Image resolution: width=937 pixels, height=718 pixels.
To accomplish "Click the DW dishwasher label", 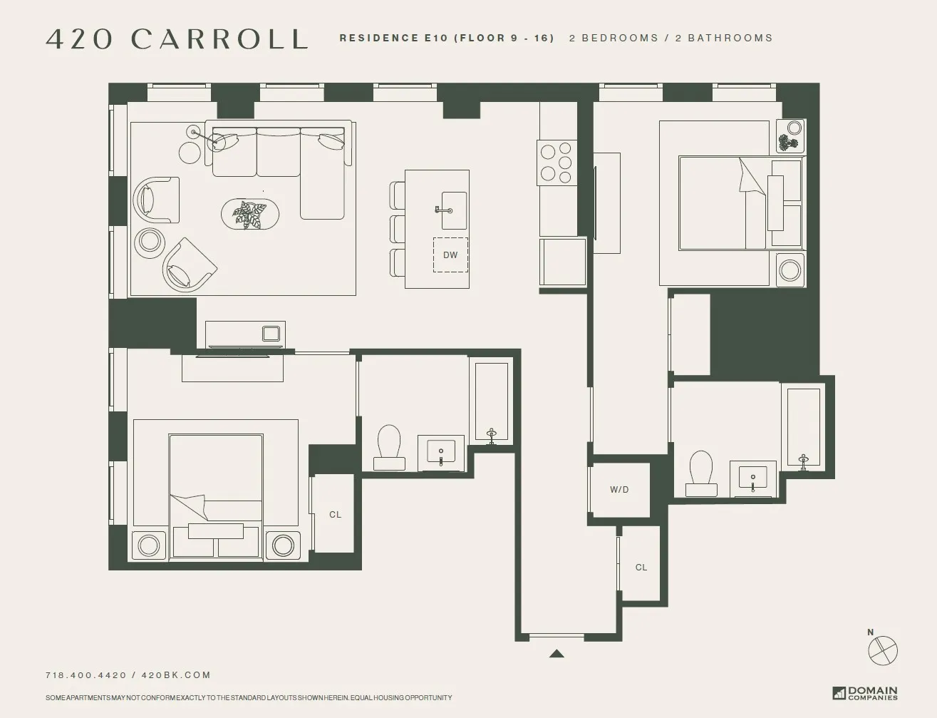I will tap(450, 255).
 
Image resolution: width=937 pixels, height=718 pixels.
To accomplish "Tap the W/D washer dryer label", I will tap(619, 490).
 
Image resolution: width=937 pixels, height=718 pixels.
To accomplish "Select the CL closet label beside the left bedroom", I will tap(335, 515).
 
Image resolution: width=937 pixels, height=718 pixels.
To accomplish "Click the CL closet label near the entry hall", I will tap(641, 568).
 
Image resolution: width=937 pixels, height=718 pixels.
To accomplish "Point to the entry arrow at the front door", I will tap(556, 653).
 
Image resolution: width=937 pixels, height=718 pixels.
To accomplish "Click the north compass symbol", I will tap(883, 650).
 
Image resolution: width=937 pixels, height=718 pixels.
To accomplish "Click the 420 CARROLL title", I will tap(177, 39).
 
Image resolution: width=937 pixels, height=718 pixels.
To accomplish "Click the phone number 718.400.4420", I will tap(86, 675).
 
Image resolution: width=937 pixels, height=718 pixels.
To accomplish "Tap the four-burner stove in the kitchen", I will tap(556, 162).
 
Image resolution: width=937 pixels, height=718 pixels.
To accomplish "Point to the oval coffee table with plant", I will tap(249, 214).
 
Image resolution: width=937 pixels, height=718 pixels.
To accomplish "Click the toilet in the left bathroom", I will tap(389, 447).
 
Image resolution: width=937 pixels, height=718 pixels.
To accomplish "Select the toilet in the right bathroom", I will tap(701, 472).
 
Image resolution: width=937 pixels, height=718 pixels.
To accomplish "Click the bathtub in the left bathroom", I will tap(491, 401).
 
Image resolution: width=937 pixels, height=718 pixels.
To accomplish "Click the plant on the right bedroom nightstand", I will tap(787, 144).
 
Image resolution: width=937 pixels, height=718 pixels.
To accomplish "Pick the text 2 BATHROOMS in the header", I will tap(723, 39).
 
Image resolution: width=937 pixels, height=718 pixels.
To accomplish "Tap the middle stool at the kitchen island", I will tap(397, 230).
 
